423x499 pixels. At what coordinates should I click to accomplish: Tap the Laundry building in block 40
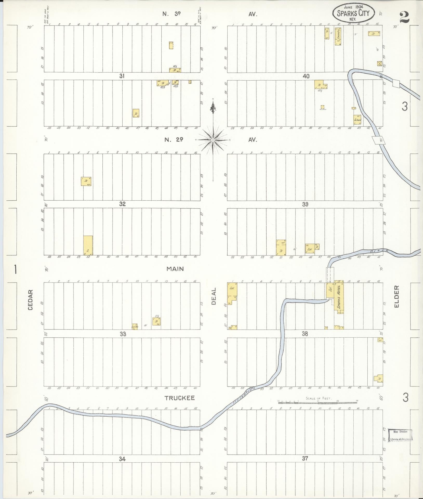click(338, 36)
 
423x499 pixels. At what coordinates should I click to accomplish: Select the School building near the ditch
click(357, 120)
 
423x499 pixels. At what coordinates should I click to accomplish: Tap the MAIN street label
click(175, 269)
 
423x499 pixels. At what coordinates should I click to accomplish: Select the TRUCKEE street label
click(179, 405)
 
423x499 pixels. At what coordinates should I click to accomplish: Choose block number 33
click(123, 334)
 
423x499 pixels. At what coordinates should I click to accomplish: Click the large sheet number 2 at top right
click(404, 18)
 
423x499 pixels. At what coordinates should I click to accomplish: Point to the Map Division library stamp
click(400, 435)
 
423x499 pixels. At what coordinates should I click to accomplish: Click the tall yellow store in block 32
click(88, 245)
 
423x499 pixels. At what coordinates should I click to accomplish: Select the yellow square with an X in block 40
click(380, 64)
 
